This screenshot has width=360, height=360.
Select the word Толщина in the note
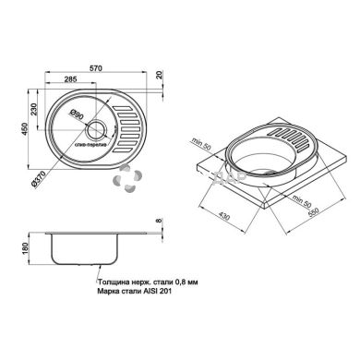(115, 284)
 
